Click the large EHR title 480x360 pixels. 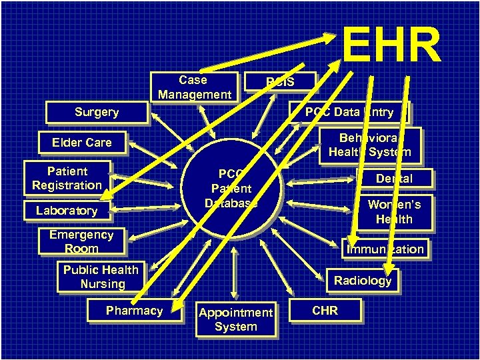click(391, 45)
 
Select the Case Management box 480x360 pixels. click(193, 87)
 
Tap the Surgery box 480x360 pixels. click(97, 112)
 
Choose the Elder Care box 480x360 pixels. click(82, 142)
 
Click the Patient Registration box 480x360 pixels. click(67, 178)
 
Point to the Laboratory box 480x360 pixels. click(67, 211)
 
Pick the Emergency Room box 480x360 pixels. click(81, 241)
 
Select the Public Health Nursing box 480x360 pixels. click(101, 277)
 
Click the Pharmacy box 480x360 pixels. click(134, 311)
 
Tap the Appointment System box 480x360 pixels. click(235, 319)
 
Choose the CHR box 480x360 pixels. click(325, 311)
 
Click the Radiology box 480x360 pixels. click(363, 281)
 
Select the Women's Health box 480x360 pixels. click(394, 212)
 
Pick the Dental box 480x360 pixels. click(394, 178)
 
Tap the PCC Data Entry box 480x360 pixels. click(350, 112)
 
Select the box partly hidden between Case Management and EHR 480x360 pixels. click(280, 82)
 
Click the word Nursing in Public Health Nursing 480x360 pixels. click(103, 284)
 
